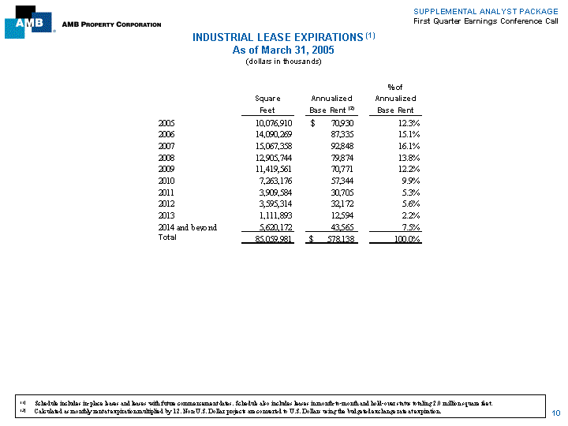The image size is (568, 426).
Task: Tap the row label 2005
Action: point(166,124)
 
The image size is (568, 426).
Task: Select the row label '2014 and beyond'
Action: point(188,226)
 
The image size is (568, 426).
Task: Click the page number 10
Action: point(555,413)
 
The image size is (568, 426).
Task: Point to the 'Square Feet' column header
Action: point(267,104)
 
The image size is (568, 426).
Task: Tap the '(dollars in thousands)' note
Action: point(283,62)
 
